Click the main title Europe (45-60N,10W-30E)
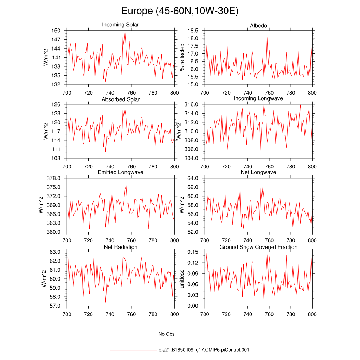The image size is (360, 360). coord(180,11)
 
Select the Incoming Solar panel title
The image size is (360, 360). coord(120,25)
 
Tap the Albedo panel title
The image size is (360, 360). coord(258,26)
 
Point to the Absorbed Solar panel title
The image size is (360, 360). coord(121,99)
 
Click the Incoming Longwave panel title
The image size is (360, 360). coord(258,98)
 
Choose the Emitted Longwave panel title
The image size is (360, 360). coord(121,172)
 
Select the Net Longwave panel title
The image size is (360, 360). coord(258,172)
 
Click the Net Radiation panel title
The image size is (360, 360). coord(121,247)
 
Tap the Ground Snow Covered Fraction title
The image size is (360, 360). coord(258,247)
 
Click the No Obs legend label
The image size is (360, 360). coord(166,334)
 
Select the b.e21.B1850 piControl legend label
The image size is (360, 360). coord(204,350)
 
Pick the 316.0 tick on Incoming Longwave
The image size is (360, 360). coord(192,104)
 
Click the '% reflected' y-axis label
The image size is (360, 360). coord(182,57)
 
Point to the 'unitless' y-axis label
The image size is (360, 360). coord(182,279)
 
